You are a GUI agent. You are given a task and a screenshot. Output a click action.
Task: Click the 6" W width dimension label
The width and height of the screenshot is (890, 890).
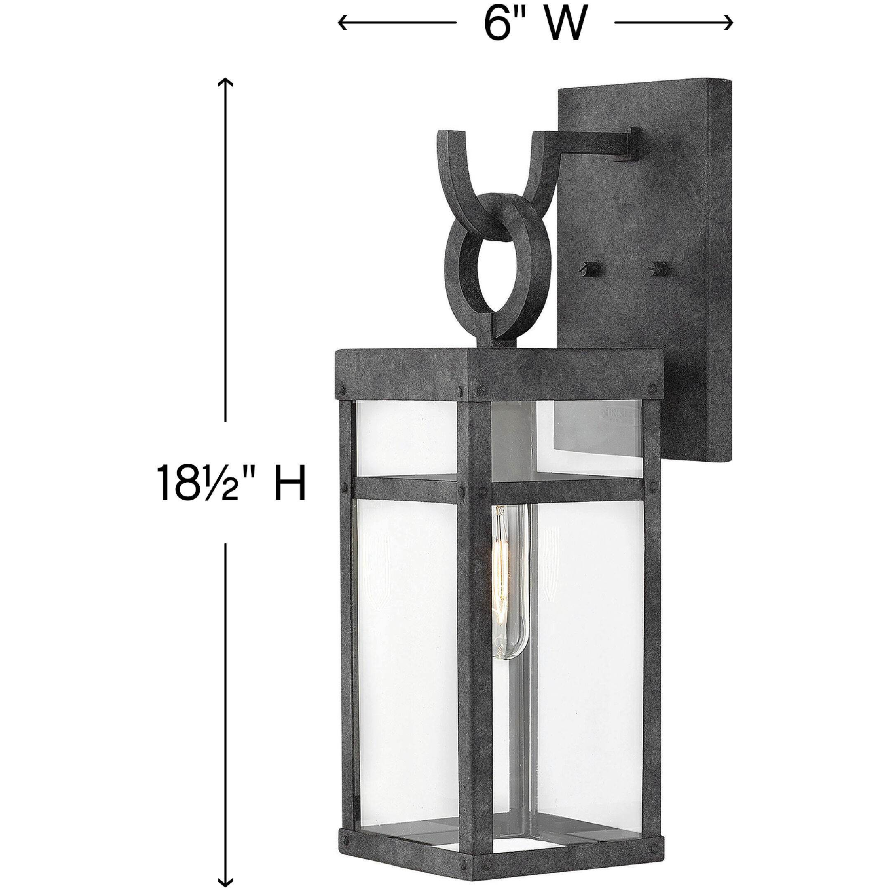(x=536, y=23)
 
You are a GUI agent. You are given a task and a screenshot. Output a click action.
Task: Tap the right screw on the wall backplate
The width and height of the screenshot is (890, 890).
(x=656, y=267)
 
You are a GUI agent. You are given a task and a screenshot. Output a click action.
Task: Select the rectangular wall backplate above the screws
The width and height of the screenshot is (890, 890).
(x=645, y=194)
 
